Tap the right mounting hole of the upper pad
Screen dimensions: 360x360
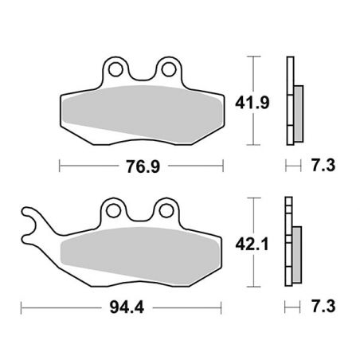coord(166,68)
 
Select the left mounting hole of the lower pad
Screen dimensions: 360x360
coord(115,210)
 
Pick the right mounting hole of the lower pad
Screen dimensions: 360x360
coord(166,210)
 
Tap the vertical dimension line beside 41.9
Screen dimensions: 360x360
coord(255,101)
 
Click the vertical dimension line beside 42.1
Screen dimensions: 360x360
coord(255,242)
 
